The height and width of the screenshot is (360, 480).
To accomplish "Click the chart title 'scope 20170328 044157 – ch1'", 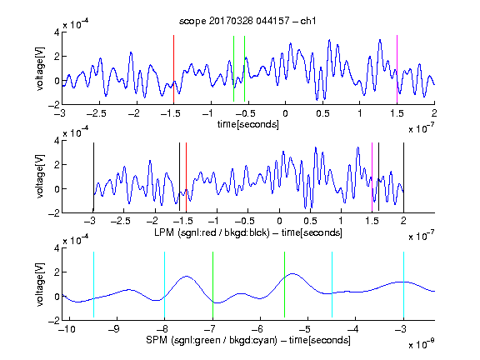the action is point(247,21).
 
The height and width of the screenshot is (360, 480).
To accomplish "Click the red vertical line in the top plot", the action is point(173,69).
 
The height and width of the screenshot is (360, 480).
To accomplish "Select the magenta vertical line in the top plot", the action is point(397,69).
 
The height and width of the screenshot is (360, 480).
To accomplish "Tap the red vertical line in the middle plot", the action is point(186,177).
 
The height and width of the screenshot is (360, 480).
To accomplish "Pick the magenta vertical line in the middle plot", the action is point(372,177).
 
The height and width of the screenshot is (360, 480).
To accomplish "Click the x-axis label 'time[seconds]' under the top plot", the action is point(248,124).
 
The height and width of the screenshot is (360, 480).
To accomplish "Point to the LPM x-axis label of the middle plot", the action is point(248,232).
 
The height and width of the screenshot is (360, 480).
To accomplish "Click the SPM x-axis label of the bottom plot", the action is point(248,340).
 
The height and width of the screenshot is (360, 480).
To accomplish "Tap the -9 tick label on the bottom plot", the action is point(113,329).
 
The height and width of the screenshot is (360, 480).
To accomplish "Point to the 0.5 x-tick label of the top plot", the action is point(322,113).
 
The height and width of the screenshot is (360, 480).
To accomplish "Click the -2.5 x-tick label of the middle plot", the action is point(120,221).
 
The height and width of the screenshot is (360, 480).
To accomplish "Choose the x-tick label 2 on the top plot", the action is point(434,113).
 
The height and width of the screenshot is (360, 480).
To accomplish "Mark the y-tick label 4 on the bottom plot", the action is point(57,248).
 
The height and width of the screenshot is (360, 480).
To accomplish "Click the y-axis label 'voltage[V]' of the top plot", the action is point(40,69).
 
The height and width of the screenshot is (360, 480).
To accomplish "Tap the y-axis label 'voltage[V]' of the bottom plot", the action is point(40,284).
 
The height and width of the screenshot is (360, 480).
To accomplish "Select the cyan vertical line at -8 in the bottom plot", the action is point(164,284).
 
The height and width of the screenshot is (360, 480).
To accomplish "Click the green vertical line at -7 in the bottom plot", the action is point(212,284).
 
